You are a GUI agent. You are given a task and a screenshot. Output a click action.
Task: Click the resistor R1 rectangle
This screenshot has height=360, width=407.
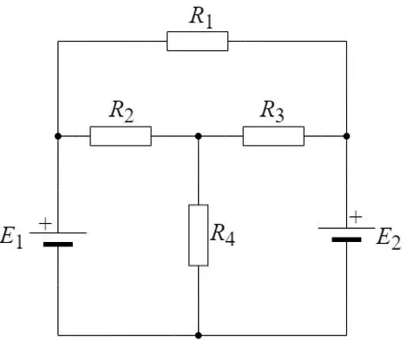(x=197, y=41)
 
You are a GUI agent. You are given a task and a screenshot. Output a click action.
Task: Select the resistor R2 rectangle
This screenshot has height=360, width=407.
(x=121, y=136)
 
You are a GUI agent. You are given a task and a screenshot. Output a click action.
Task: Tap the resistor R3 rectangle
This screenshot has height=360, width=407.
(x=273, y=136)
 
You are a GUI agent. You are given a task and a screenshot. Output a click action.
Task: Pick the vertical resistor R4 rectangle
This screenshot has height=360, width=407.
(x=198, y=235)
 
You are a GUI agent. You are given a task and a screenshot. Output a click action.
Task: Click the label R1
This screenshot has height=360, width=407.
(x=201, y=17)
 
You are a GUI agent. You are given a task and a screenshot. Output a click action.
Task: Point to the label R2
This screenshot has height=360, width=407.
(x=121, y=111)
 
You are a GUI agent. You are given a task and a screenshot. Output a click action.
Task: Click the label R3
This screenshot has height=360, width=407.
(x=272, y=111)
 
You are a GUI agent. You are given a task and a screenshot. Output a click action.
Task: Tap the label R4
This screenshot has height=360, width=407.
(x=222, y=235)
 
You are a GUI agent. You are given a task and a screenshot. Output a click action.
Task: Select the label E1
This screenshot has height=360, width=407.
(x=11, y=237)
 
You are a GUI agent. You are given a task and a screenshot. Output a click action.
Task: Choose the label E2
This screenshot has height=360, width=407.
(x=389, y=239)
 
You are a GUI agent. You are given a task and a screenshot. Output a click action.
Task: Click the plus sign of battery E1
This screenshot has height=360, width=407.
(x=45, y=224)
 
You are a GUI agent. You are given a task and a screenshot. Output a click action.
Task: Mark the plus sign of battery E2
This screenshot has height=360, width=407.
(x=356, y=218)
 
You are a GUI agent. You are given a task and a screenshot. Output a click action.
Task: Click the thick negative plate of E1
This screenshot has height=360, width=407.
(x=58, y=245)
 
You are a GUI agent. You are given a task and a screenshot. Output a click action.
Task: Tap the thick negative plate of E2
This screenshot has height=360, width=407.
(x=346, y=239)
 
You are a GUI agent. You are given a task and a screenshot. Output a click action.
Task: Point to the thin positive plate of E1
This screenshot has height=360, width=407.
(x=58, y=232)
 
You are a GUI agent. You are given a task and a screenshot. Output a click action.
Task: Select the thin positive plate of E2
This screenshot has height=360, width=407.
(x=346, y=228)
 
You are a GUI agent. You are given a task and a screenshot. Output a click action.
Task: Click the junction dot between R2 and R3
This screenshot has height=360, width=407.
(x=198, y=136)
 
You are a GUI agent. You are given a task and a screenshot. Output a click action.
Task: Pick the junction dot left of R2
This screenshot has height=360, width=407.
(x=58, y=136)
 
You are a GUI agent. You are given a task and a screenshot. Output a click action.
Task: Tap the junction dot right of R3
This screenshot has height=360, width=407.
(x=346, y=136)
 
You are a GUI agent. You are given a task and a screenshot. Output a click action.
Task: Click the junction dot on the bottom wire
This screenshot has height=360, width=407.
(x=198, y=336)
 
